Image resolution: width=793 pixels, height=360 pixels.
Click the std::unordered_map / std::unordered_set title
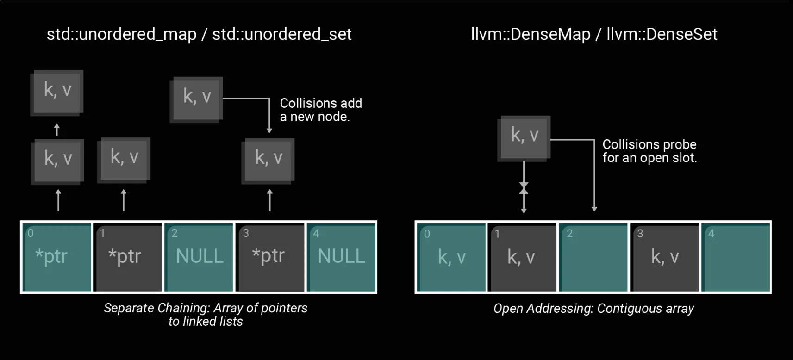199,34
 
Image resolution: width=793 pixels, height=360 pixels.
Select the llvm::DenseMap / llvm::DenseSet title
593,34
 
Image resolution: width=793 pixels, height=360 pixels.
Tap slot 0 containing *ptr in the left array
57,257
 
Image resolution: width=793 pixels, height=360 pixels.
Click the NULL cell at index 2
199,257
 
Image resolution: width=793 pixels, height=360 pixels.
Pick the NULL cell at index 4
341,257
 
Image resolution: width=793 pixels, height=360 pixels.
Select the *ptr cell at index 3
270,257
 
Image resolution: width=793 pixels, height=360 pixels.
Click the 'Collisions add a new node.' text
320,110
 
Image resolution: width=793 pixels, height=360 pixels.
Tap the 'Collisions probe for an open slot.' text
649,151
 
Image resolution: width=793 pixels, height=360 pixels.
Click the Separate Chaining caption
205,315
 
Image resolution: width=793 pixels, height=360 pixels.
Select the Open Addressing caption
593,309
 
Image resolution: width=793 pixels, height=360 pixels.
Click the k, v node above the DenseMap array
524,137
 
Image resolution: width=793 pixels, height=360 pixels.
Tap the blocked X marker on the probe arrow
524,188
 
